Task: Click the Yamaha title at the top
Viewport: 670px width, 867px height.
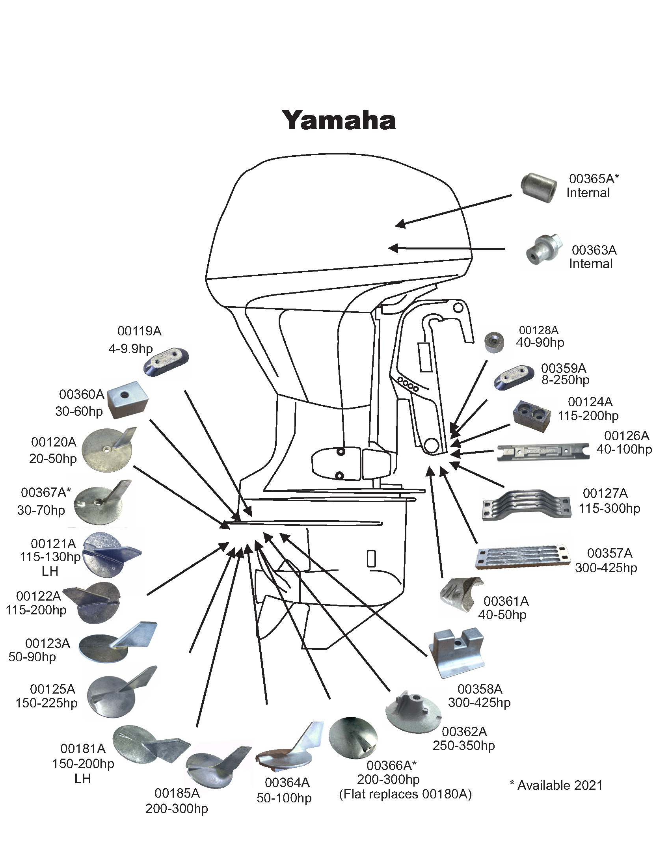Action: pyautogui.click(x=339, y=120)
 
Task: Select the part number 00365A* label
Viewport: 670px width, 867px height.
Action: pyautogui.click(x=594, y=179)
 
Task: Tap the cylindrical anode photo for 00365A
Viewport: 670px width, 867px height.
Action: pyautogui.click(x=539, y=188)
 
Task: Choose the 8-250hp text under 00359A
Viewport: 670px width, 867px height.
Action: pyautogui.click(x=565, y=380)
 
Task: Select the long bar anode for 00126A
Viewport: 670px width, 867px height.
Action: pyautogui.click(x=543, y=452)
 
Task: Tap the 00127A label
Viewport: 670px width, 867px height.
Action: pyautogui.click(x=605, y=493)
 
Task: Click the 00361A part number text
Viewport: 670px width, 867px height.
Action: pyautogui.click(x=506, y=601)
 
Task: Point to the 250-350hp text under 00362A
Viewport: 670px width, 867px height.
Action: pyautogui.click(x=463, y=746)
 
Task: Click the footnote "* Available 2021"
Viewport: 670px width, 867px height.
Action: pyautogui.click(x=556, y=785)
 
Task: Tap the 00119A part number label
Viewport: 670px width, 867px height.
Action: pyautogui.click(x=139, y=331)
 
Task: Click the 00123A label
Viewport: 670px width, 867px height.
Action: pyautogui.click(x=48, y=643)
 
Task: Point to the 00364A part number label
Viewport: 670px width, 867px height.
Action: pyautogui.click(x=287, y=782)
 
